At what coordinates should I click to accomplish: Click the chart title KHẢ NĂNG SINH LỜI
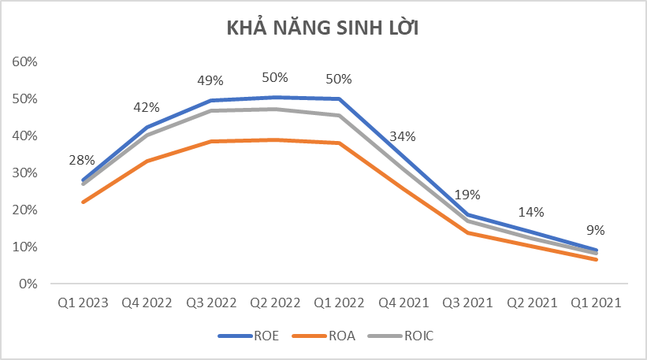tap(323, 28)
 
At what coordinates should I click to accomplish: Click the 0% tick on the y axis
tap(30, 284)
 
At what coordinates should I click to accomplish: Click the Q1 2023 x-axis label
tap(82, 302)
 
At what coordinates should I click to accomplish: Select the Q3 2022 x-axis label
tap(210, 302)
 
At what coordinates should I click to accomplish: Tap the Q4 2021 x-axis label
tap(403, 302)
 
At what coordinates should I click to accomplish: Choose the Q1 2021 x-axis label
tap(596, 302)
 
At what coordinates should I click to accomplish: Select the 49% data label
tap(210, 81)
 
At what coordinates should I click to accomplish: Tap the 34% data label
tap(403, 136)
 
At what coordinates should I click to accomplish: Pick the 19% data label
tap(467, 195)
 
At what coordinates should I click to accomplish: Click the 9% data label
tap(596, 231)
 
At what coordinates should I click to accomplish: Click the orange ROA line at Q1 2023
tap(82, 202)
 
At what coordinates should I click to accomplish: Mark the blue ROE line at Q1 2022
tap(339, 98)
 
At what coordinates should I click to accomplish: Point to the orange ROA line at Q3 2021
tap(467, 232)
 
